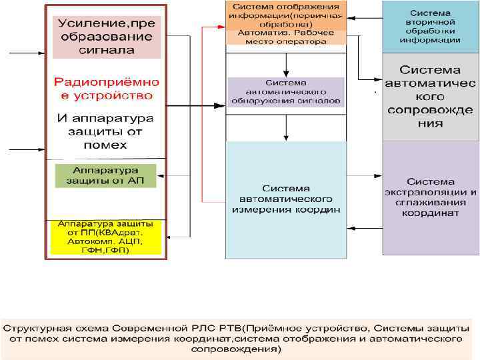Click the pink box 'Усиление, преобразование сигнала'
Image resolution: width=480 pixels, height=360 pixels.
pos(105,36)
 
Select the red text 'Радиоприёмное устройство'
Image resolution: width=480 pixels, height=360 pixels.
pos(107,89)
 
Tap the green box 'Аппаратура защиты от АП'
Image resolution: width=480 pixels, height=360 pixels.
pos(105,175)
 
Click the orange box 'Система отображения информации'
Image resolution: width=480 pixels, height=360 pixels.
pos(286,15)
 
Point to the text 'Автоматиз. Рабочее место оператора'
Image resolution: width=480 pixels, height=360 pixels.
pos(286,37)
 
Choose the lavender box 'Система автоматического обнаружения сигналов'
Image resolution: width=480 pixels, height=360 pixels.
pos(285,92)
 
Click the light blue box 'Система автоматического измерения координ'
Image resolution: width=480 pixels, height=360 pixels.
pos(286,199)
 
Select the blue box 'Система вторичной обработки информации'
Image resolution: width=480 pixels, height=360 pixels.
pos(430,27)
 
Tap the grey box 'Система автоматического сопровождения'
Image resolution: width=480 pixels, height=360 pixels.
pos(430,97)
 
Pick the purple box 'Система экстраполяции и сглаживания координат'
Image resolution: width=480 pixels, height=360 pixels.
pos(430,197)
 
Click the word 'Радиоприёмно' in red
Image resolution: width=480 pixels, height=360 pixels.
pos(107,82)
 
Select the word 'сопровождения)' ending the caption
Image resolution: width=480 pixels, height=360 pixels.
pos(236,348)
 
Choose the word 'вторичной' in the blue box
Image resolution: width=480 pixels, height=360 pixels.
pos(430,22)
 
